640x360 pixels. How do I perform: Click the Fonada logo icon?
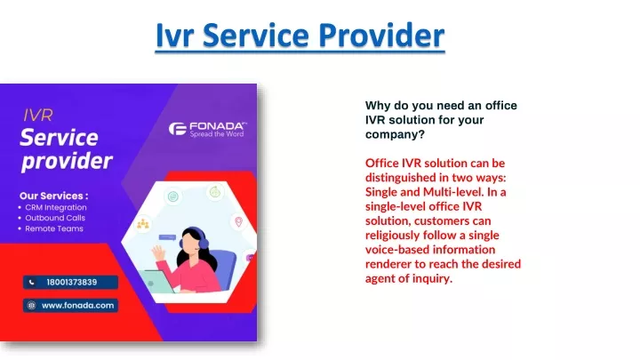(x=178, y=129)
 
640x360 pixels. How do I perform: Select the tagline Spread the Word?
(x=217, y=134)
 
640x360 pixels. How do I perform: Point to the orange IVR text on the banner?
(x=38, y=116)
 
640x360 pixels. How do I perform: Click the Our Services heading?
(x=54, y=196)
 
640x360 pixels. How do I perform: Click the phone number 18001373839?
(x=72, y=282)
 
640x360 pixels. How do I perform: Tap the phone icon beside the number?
(x=31, y=282)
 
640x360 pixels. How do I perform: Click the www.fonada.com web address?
(x=78, y=305)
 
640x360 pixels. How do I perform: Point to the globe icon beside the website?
(x=31, y=305)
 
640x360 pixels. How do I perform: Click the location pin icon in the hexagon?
(x=239, y=221)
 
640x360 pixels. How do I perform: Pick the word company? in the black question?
(x=395, y=134)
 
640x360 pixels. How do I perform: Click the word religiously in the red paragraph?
(x=392, y=236)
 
